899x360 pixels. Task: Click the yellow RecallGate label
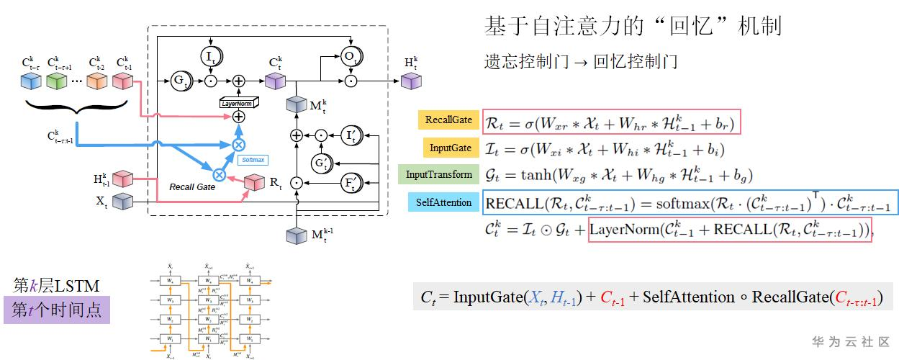pyautogui.click(x=448, y=120)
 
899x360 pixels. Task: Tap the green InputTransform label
pyautogui.click(x=439, y=174)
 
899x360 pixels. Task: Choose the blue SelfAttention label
pyautogui.click(x=443, y=202)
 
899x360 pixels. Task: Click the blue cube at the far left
pyautogui.click(x=31, y=81)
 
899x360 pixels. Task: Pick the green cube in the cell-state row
pyautogui.click(x=56, y=81)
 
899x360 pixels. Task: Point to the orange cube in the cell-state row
pyautogui.click(x=98, y=81)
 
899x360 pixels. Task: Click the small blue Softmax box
pyautogui.click(x=253, y=160)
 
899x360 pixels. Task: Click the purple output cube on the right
pyautogui.click(x=410, y=81)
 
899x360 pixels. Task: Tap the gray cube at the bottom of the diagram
pyautogui.click(x=297, y=236)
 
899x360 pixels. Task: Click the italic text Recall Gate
pyautogui.click(x=191, y=186)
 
